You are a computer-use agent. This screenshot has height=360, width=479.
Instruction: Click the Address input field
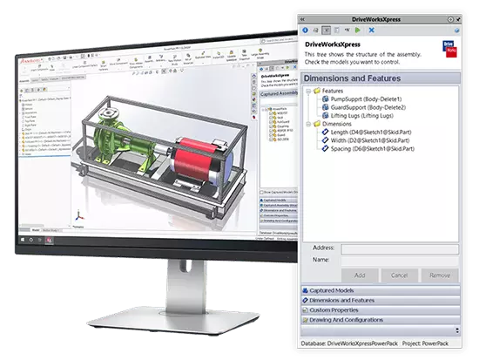tap(399, 248)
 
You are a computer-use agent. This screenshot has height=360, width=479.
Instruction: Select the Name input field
tap(399, 260)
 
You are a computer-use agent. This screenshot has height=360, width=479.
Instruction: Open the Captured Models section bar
tap(380, 289)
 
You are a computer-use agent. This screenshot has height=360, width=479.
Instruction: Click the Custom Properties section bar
tap(380, 310)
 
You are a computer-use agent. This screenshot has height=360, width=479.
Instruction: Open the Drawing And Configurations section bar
tap(380, 321)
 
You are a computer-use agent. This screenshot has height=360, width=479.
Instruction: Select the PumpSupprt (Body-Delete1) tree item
tap(363, 101)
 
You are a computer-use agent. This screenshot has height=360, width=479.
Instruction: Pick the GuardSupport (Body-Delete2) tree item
tap(366, 111)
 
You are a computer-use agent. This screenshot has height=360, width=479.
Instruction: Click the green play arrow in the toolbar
tap(355, 29)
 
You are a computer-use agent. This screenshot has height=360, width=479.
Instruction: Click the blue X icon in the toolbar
tap(327, 29)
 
